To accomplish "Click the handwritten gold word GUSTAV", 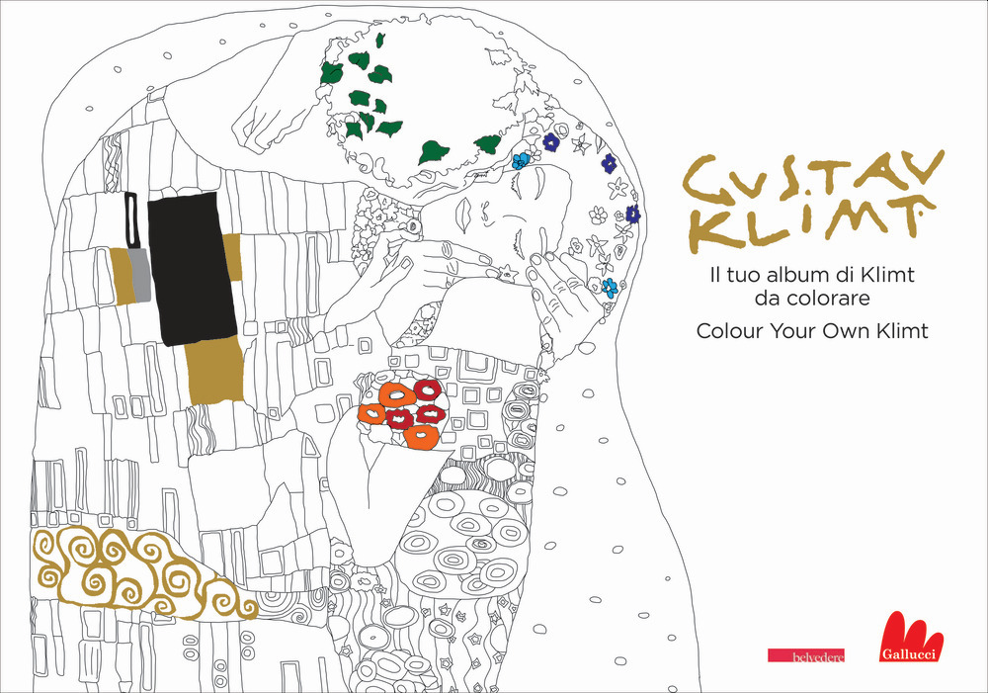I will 811,178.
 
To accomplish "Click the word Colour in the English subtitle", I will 731,331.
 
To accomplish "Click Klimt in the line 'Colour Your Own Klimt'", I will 898,331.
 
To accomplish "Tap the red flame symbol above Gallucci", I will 910,632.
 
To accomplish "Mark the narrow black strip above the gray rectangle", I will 130,220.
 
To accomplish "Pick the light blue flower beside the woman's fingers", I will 610,288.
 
